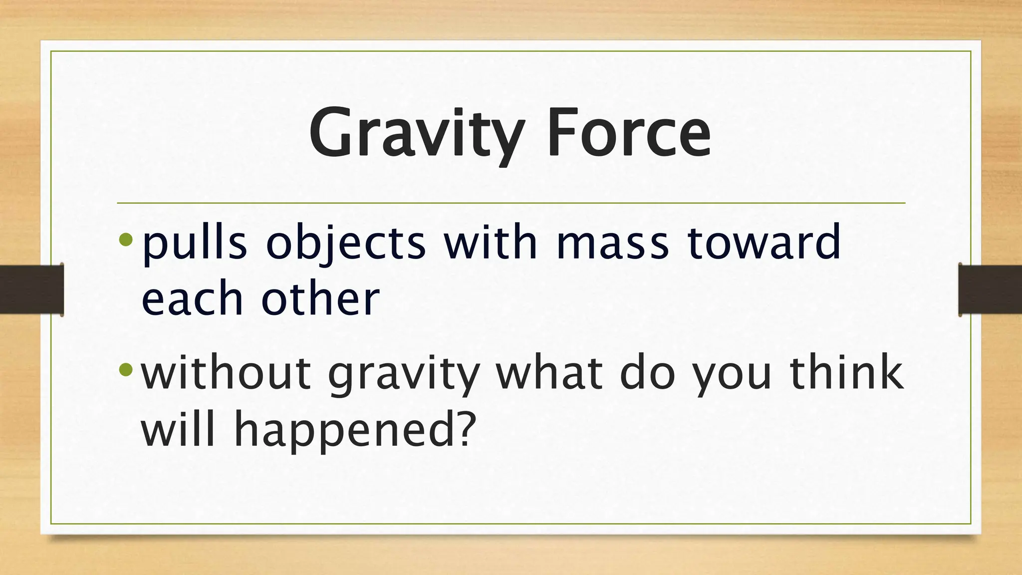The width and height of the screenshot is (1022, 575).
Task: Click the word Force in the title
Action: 628,134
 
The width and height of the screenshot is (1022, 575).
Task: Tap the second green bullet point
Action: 126,370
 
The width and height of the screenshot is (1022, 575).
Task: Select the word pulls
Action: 194,243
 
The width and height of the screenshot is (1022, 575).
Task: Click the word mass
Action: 612,243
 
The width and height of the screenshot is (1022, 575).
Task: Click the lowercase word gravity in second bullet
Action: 404,374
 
